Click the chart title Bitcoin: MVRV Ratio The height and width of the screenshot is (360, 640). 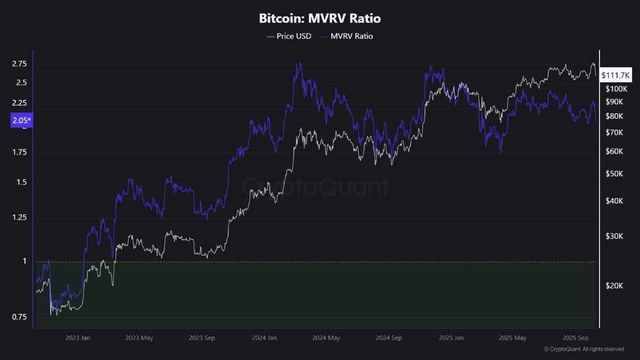(x=320, y=19)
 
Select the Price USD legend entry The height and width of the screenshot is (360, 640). (x=289, y=36)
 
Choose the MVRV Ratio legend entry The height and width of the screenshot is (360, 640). (x=346, y=36)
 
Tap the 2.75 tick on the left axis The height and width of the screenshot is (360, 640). (x=19, y=64)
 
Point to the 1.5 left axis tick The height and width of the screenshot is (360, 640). (x=21, y=182)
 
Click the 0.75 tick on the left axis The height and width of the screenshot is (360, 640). (x=19, y=317)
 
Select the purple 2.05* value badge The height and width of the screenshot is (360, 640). (x=22, y=121)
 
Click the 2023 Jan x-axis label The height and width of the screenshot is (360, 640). (x=78, y=338)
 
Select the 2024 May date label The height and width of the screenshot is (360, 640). (x=326, y=338)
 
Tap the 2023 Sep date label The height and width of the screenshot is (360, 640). (x=202, y=338)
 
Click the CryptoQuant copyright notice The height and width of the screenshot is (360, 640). (x=583, y=349)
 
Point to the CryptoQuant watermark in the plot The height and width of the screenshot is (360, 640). (x=316, y=187)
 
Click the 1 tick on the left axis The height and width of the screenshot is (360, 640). (x=24, y=261)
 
